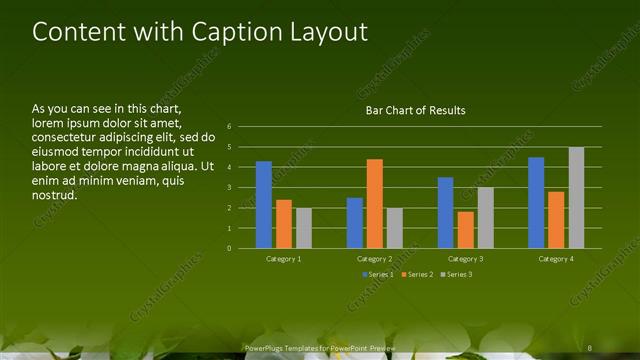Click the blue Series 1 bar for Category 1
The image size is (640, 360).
point(264,205)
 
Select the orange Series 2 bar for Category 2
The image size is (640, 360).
point(374,204)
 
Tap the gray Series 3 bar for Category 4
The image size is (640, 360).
point(576,198)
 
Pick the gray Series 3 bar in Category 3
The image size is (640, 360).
point(485,218)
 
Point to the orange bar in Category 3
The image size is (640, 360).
point(465,230)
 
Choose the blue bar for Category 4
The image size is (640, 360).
point(536,203)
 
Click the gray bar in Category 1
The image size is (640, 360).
point(303,228)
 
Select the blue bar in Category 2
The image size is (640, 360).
point(355,223)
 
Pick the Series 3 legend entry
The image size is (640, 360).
point(457,274)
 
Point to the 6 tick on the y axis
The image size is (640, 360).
point(229,127)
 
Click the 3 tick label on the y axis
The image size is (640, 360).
point(229,187)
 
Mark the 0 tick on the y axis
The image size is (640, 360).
point(229,248)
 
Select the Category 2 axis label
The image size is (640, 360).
point(375,259)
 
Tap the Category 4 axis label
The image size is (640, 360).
point(556,259)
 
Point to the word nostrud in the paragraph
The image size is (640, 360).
point(54,194)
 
